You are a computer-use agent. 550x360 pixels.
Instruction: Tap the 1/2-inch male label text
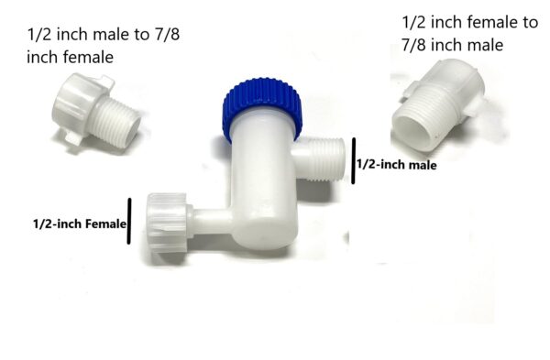pos(397,164)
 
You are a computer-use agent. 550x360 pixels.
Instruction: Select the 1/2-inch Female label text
pos(80,224)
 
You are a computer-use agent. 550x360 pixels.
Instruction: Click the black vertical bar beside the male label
pos(354,160)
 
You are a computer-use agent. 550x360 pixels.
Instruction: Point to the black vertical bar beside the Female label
pos(129,221)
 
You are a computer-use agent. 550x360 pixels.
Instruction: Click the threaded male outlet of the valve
pos(321,159)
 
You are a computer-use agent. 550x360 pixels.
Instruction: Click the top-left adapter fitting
pos(95,112)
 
